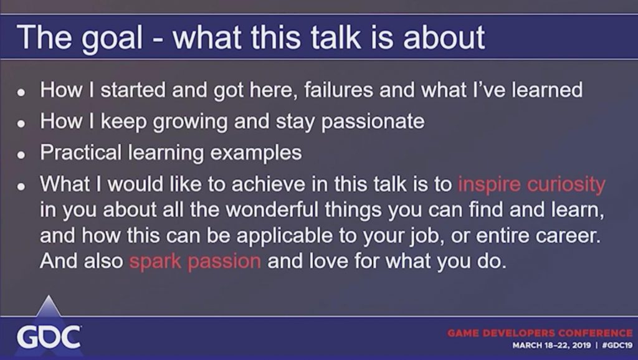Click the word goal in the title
pyautogui.click(x=112, y=39)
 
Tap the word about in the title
pyautogui.click(x=444, y=37)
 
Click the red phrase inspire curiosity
pyautogui.click(x=532, y=185)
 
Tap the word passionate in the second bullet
pyautogui.click(x=373, y=122)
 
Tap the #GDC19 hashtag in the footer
pyautogui.click(x=617, y=345)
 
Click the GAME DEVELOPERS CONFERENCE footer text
pyautogui.click(x=540, y=333)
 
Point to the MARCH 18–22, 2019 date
pyautogui.click(x=551, y=345)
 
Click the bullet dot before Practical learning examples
pyautogui.click(x=21, y=155)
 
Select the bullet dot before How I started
pyautogui.click(x=21, y=92)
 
